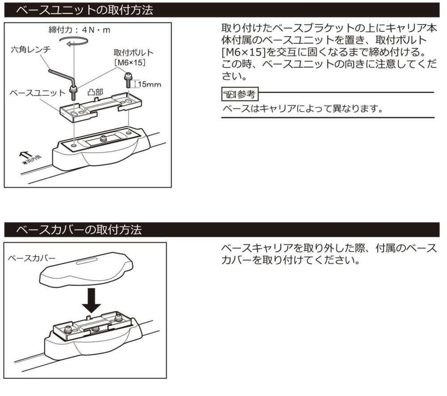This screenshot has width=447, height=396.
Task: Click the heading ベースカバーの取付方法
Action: click(79, 230)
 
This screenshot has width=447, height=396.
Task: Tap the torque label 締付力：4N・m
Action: click(79, 30)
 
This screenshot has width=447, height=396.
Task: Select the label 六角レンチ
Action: click(31, 50)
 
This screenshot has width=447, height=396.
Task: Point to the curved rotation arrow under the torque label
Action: click(74, 41)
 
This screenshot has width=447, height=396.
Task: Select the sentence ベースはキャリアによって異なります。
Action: click(304, 109)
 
